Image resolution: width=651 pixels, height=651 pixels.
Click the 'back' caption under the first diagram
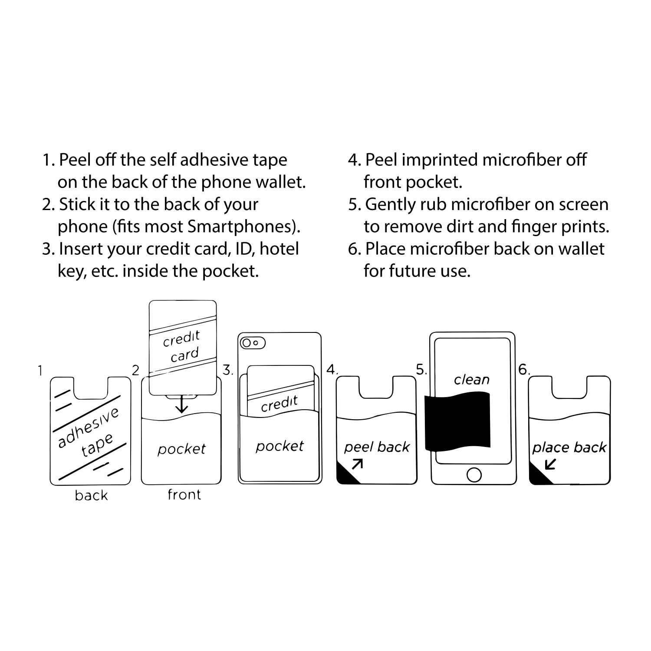pos(91,495)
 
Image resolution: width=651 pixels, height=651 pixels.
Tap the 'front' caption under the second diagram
pos(184,494)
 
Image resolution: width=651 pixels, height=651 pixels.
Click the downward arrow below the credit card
pos(181,404)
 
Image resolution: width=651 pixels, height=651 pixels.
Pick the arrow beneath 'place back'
pos(551,464)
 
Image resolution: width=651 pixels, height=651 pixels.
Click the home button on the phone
pos(473,474)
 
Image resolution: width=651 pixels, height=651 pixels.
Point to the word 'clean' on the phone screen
pos(472,380)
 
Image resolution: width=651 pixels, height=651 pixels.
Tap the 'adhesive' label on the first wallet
pos(88,427)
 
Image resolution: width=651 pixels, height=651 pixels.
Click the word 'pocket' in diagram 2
pos(181,449)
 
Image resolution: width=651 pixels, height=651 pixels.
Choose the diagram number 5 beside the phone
pos(421,370)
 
